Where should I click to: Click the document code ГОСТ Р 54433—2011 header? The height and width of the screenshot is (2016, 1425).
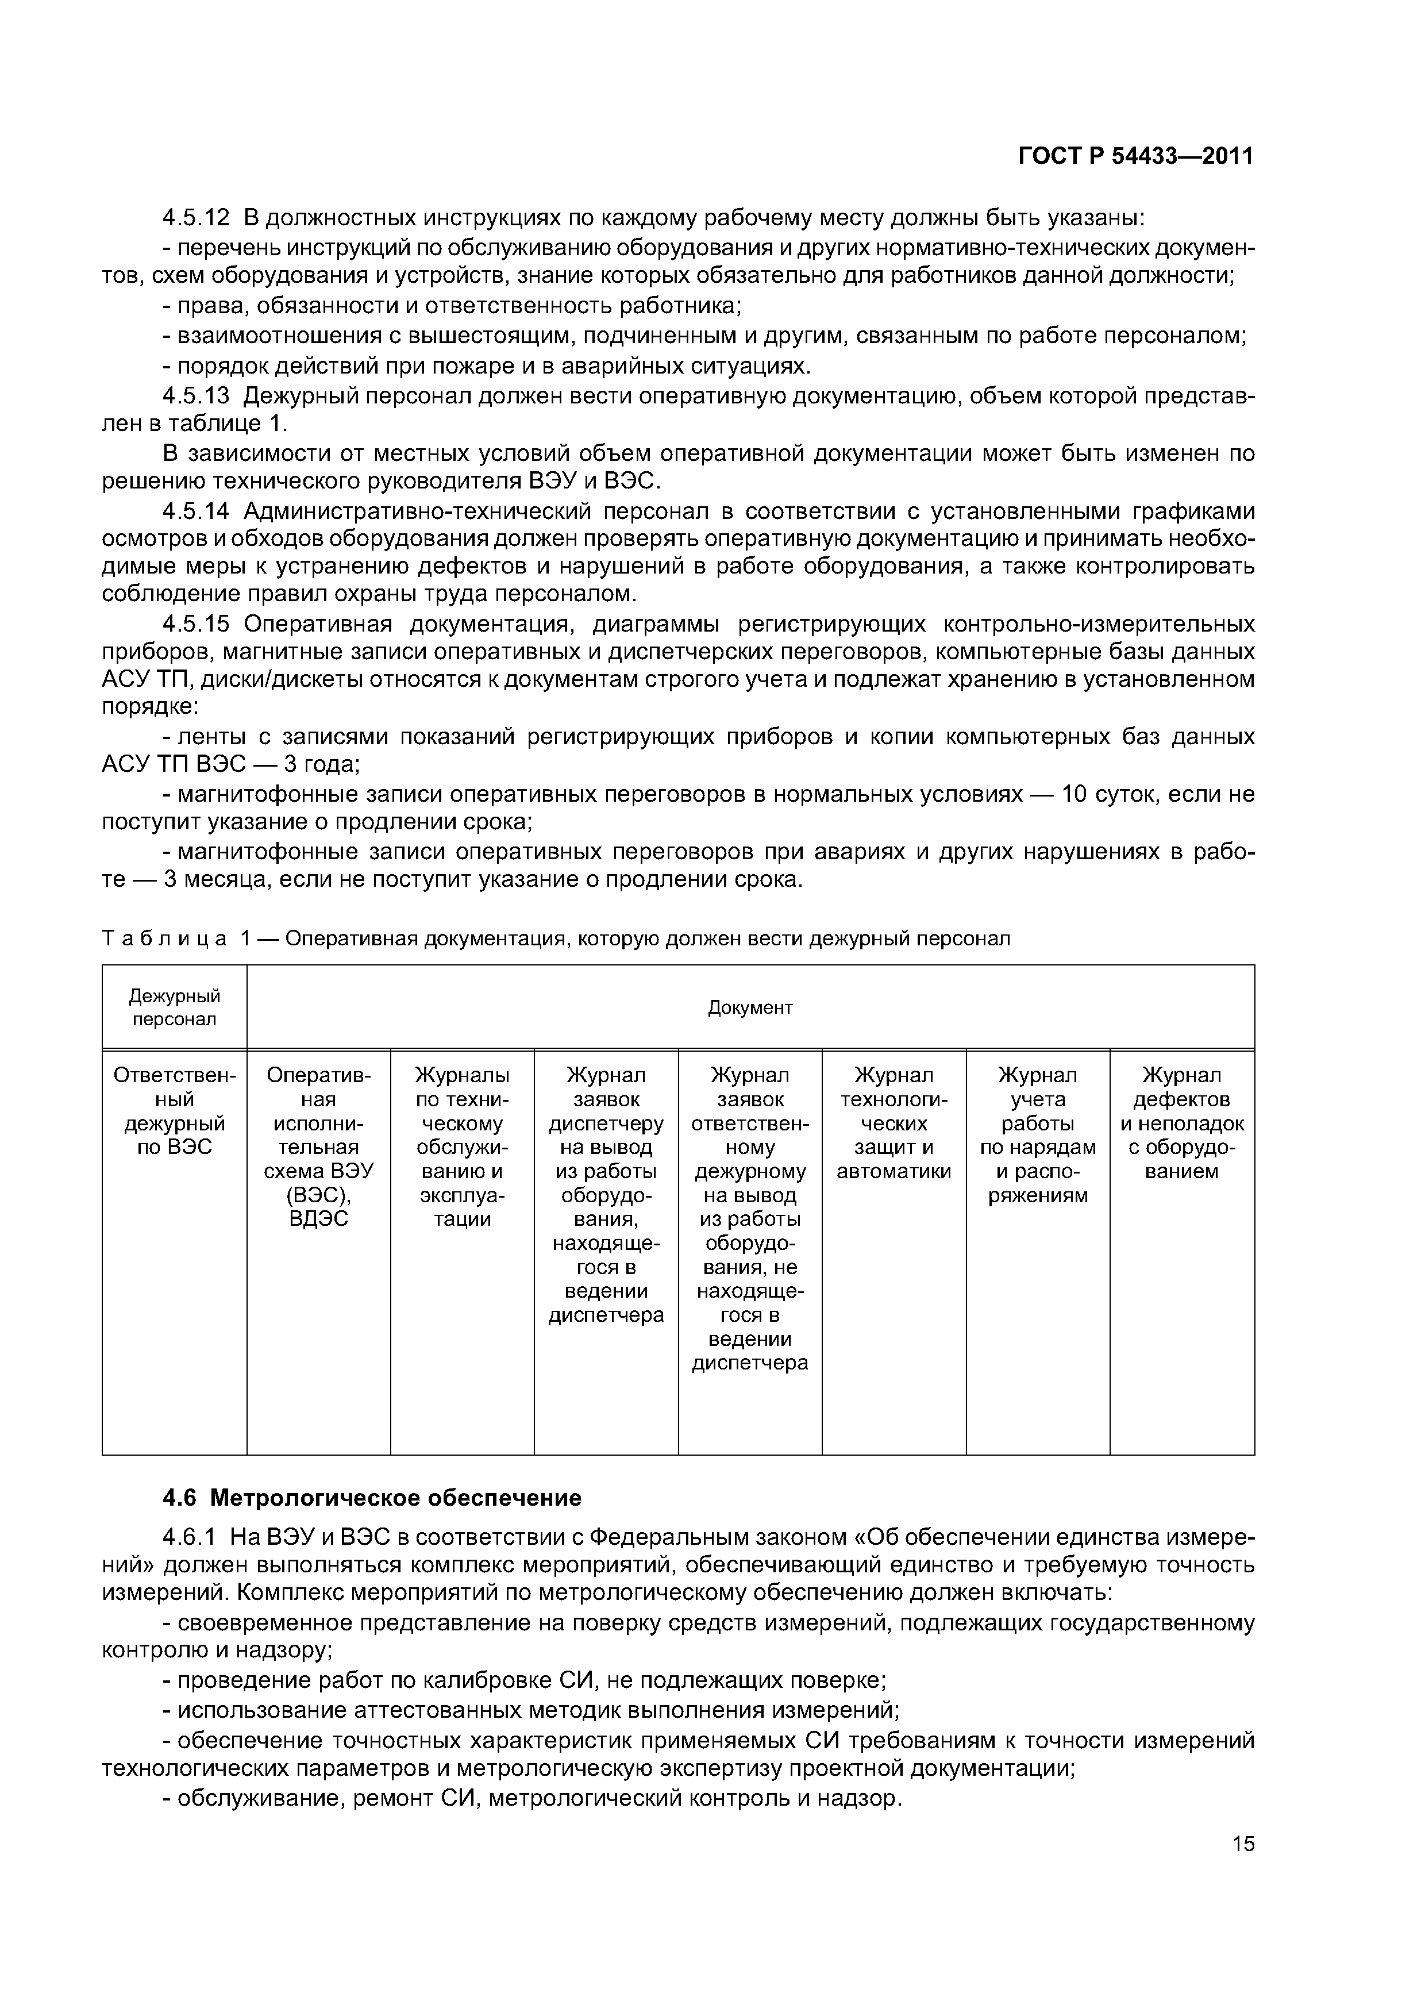1135,156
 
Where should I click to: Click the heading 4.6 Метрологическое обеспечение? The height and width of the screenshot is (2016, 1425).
372,1498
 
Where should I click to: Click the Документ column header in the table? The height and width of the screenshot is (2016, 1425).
750,1008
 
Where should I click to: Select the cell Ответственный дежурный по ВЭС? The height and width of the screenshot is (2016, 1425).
174,1111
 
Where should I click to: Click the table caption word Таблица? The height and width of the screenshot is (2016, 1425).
163,938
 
